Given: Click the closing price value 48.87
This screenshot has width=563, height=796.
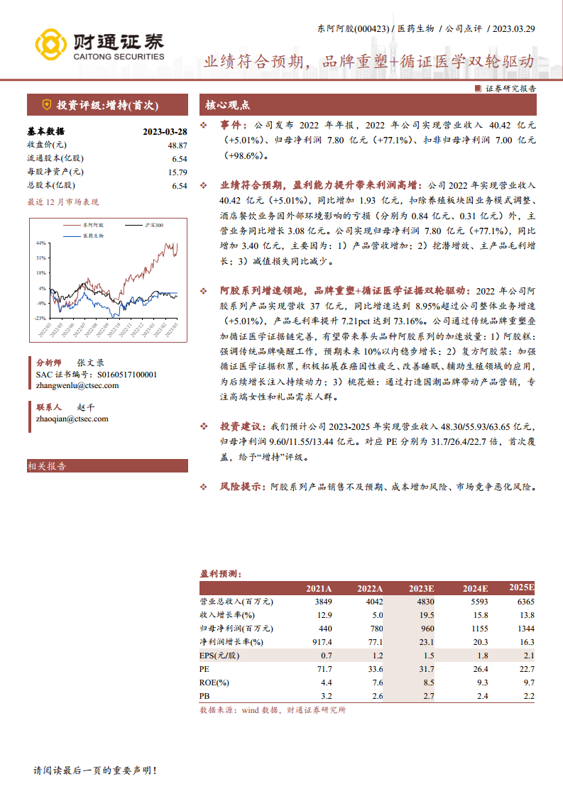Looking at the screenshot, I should click(x=177, y=145).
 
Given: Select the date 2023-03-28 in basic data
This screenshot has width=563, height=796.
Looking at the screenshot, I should click(x=165, y=131).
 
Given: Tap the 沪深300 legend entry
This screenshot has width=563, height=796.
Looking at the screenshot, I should click(x=152, y=224).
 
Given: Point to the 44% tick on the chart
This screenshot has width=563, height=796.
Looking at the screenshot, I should click(x=41, y=243).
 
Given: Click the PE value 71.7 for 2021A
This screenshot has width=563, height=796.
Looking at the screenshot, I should click(x=324, y=668).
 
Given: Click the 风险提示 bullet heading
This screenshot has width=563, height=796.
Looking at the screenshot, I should click(x=240, y=487).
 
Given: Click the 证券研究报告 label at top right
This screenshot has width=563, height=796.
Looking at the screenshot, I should click(x=510, y=89).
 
